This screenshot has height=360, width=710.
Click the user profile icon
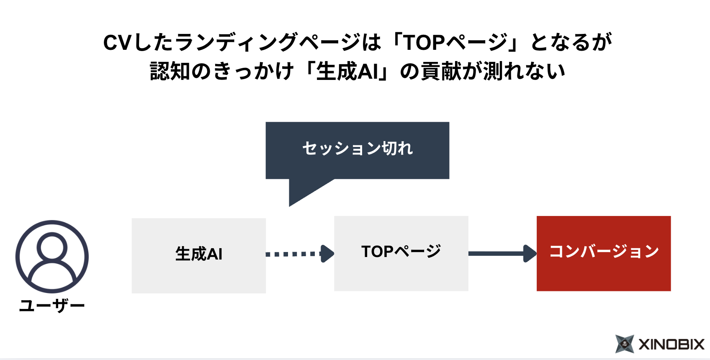pos(52,257)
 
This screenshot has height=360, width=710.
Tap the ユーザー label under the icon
pos(52,306)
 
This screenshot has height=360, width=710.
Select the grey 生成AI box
pos(198,255)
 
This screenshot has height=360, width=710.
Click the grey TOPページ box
pos(401,253)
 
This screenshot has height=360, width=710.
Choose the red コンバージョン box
pos(604,253)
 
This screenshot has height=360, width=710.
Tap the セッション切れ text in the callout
pos(358,149)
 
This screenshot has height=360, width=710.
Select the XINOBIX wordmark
pos(671,345)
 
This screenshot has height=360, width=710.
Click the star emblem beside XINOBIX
pos(625,344)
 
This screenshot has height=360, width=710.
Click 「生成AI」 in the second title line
pos(347,71)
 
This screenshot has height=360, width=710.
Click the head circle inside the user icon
pos(52,247)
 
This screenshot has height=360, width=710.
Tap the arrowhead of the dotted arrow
pos(327,254)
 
